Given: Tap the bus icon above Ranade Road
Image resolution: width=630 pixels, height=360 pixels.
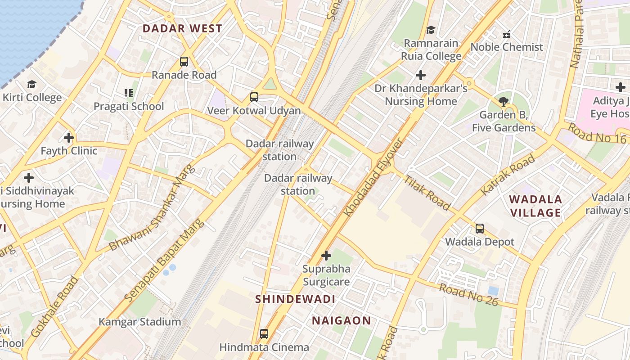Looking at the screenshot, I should pos(184,62).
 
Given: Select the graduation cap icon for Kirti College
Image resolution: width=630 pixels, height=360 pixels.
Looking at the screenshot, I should pos(31,85).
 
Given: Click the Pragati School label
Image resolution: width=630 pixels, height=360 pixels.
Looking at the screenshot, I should pos(129,107).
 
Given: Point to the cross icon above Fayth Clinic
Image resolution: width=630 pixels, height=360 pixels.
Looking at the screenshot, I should pos(69,137).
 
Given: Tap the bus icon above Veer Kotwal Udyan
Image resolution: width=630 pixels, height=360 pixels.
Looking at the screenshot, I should pos(254,97).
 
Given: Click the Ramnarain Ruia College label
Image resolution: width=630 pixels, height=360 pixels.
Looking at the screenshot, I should pos(431,49).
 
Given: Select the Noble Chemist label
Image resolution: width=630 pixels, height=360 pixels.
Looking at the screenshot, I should pos(507,47).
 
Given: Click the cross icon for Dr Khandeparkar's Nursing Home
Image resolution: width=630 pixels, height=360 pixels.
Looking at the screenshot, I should pos(421,75).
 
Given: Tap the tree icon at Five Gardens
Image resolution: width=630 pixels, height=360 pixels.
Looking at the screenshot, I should pos(504,101).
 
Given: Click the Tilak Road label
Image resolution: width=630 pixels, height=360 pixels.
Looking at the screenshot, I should pos(427,192).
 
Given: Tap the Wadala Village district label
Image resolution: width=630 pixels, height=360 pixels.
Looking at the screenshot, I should pos(535,206).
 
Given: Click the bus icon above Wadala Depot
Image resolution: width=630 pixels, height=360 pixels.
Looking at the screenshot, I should pos(480,229).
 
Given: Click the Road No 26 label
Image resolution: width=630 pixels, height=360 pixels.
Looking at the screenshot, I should pos(468,295).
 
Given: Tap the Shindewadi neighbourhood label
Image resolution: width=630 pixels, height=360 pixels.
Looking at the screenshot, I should pos(295,299).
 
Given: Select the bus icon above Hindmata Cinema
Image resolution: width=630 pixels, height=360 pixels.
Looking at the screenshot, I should pos(264,334).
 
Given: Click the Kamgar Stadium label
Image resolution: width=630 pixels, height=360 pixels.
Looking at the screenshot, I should pos(139,322).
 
